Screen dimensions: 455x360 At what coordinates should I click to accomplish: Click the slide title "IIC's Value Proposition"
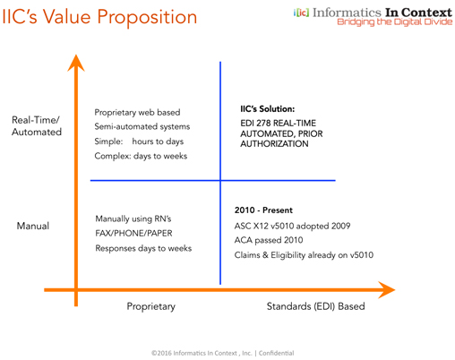click(x=99, y=17)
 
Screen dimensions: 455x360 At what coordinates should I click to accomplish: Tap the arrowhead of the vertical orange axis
click(x=76, y=63)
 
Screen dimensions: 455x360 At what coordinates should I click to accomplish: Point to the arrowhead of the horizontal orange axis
click(x=386, y=289)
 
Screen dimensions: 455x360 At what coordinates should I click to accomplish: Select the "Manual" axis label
click(x=33, y=226)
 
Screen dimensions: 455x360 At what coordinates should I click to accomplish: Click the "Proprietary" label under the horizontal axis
click(x=151, y=306)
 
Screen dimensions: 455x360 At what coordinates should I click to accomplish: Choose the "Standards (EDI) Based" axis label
click(x=315, y=306)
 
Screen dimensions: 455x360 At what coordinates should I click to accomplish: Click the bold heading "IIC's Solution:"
click(x=268, y=109)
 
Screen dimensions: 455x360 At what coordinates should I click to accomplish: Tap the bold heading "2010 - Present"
click(x=263, y=210)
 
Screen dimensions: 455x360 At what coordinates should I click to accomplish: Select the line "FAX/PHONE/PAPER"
click(x=133, y=233)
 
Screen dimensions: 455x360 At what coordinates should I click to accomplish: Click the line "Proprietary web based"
click(x=137, y=112)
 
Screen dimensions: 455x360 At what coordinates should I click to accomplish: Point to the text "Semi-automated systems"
click(x=142, y=126)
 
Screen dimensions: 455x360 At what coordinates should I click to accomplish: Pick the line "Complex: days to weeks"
click(x=141, y=156)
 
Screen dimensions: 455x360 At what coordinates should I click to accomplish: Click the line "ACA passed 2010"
click(x=269, y=240)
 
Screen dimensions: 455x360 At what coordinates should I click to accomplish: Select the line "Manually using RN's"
click(x=133, y=219)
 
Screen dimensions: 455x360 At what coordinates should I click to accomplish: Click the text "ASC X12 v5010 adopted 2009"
click(x=292, y=226)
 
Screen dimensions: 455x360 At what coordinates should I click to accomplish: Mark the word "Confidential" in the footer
click(x=276, y=353)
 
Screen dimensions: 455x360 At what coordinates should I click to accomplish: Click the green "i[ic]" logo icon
click(x=301, y=13)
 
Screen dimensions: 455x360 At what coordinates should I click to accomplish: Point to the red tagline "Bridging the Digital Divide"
click(x=395, y=21)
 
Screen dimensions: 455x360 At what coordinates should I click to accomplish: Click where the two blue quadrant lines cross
click(x=220, y=180)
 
